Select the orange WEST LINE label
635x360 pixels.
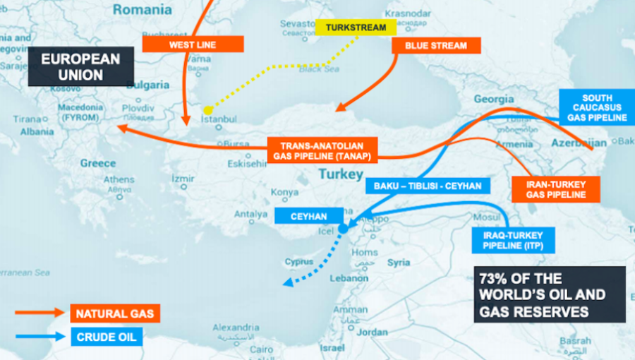[193, 44]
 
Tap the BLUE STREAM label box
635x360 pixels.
[435, 45]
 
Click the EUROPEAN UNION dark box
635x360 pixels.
[81, 66]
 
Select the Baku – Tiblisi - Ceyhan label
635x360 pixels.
[427, 186]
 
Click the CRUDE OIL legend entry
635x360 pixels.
[107, 336]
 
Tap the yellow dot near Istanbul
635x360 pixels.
[208, 109]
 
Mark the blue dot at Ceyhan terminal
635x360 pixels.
[343, 229]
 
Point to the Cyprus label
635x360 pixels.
[298, 262]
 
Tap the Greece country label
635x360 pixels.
[97, 163]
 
